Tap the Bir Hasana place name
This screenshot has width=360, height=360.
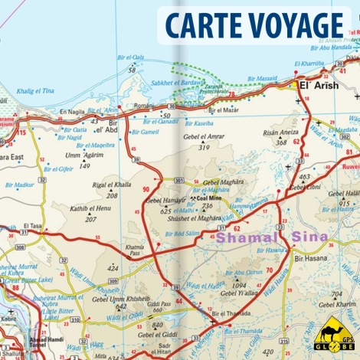[310, 259]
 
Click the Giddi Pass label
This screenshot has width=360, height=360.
[159, 303]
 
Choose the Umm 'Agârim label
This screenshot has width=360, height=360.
[83, 155]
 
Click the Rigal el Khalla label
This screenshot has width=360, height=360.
[112, 185]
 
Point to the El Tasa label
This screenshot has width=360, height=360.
[33, 226]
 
